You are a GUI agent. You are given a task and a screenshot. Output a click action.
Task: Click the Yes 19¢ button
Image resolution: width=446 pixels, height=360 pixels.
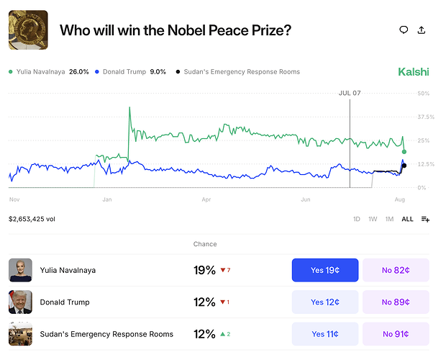(x=325, y=270)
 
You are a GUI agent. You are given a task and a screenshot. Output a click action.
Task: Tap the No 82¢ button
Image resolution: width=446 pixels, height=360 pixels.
(x=396, y=270)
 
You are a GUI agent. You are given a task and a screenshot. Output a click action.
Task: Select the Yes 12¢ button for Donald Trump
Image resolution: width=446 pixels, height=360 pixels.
(x=325, y=302)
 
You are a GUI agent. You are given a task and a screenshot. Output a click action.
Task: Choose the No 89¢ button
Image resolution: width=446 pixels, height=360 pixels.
(x=396, y=302)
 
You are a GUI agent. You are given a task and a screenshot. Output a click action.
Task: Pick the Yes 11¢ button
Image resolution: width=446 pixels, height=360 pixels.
(x=325, y=334)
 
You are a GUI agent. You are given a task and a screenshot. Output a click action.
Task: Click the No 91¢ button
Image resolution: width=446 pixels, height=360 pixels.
(x=396, y=334)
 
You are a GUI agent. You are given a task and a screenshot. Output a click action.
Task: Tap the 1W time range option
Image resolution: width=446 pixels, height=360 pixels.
(x=373, y=219)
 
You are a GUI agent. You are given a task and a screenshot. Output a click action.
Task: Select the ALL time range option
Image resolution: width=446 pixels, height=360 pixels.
(x=407, y=219)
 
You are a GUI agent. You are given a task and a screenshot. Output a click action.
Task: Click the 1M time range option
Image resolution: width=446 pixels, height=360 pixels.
(x=389, y=219)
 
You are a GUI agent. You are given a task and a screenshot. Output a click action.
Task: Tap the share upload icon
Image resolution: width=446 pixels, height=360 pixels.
(x=422, y=30)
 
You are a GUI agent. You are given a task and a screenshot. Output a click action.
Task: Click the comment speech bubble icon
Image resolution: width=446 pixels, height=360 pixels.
(x=404, y=30)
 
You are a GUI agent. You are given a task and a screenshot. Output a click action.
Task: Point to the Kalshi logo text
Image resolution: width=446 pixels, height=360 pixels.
(x=414, y=72)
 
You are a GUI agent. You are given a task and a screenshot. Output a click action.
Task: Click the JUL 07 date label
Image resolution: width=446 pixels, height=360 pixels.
(x=350, y=93)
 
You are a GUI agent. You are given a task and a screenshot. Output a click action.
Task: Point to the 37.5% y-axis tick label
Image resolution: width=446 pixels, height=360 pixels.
(x=426, y=117)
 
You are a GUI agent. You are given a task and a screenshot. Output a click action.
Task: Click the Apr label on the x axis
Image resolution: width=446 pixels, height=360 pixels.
(x=206, y=199)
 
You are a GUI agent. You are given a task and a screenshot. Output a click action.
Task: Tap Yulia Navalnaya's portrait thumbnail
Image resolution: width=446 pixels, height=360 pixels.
(x=20, y=270)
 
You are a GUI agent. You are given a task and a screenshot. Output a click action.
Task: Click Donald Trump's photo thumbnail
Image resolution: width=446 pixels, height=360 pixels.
(x=20, y=302)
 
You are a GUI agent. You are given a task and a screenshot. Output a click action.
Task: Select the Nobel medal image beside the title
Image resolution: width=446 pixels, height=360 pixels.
(x=28, y=30)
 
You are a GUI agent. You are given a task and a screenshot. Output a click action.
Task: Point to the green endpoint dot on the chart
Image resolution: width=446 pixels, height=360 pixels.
(x=404, y=152)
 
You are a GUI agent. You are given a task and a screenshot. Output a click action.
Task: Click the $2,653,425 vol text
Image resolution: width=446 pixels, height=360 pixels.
(x=32, y=219)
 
